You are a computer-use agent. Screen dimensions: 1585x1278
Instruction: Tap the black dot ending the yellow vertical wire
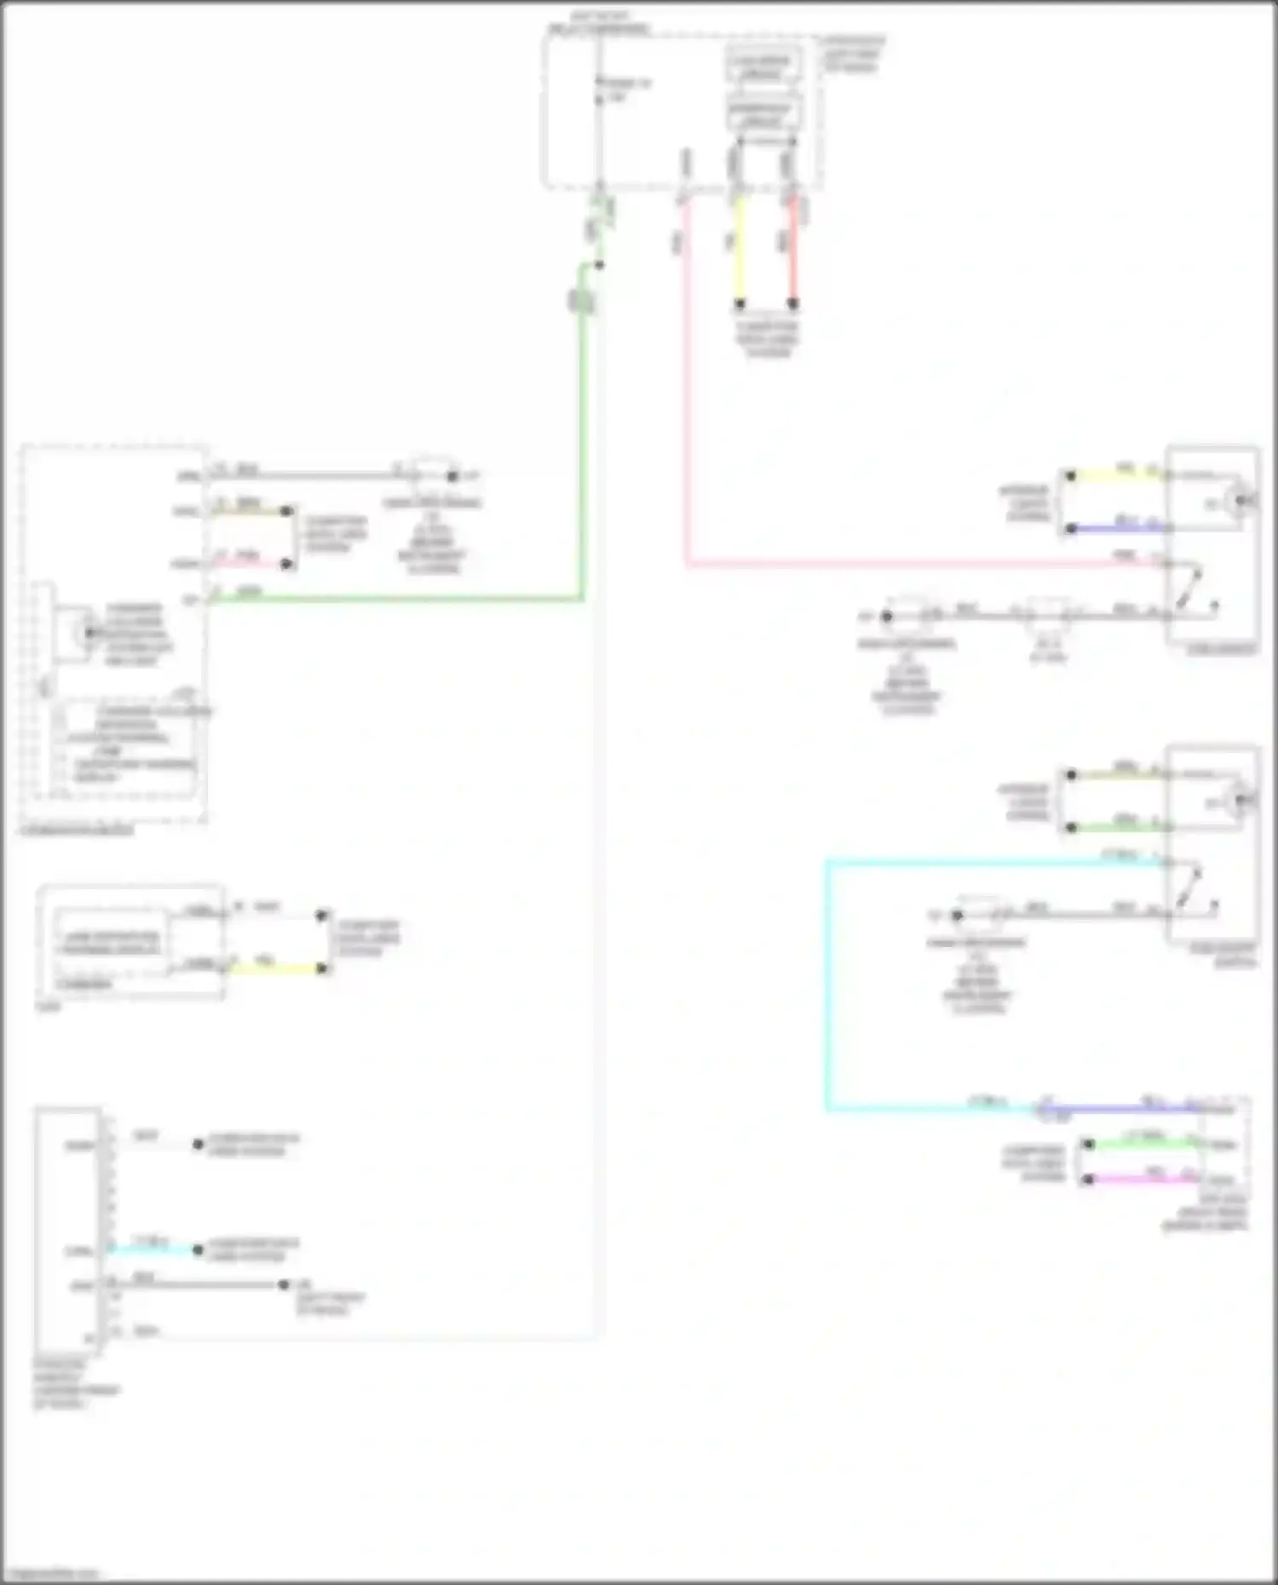740,303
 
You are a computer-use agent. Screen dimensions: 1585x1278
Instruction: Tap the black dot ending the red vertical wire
792,303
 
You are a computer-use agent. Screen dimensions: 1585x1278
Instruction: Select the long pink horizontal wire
895,563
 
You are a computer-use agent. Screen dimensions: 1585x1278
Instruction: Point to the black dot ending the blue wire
1071,528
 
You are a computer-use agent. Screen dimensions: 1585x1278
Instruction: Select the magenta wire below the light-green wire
1142,1180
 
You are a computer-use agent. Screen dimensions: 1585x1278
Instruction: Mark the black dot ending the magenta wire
1088,1180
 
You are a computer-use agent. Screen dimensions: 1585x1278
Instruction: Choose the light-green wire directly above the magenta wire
1142,1145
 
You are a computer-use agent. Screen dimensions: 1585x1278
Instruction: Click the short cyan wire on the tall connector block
153,1249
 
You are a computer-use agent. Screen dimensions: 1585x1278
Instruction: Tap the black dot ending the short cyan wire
198,1249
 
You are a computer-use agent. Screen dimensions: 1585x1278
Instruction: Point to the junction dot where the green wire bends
599,265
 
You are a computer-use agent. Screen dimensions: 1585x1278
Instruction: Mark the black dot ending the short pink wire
286,563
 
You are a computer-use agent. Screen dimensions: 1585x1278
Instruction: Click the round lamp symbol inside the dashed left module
88,632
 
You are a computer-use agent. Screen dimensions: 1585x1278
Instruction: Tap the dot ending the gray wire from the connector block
284,1284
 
